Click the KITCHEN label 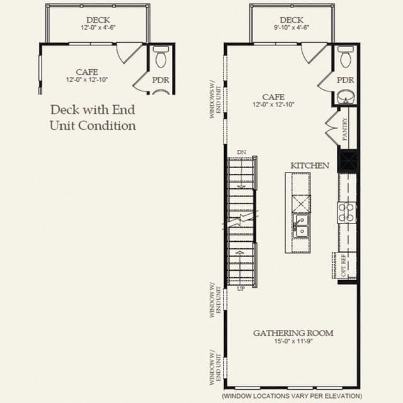point(310,166)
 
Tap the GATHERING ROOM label point(293,333)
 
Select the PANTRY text point(345,129)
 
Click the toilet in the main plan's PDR point(345,57)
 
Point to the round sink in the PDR point(346,96)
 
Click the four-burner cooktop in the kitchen point(346,213)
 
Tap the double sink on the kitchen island point(301,226)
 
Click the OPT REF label point(344,267)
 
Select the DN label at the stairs point(241,152)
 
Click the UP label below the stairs point(241,289)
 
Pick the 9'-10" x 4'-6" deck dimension point(292,27)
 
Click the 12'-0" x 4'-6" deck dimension point(98,27)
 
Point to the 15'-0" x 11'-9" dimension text point(293,341)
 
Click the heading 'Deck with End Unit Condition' point(93,118)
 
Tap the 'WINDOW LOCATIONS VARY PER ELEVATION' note point(292,396)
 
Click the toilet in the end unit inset point(161,57)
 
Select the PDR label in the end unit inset point(161,80)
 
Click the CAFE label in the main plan point(273,97)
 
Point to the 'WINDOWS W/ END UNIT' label point(215,102)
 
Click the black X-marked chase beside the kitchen point(348,161)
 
